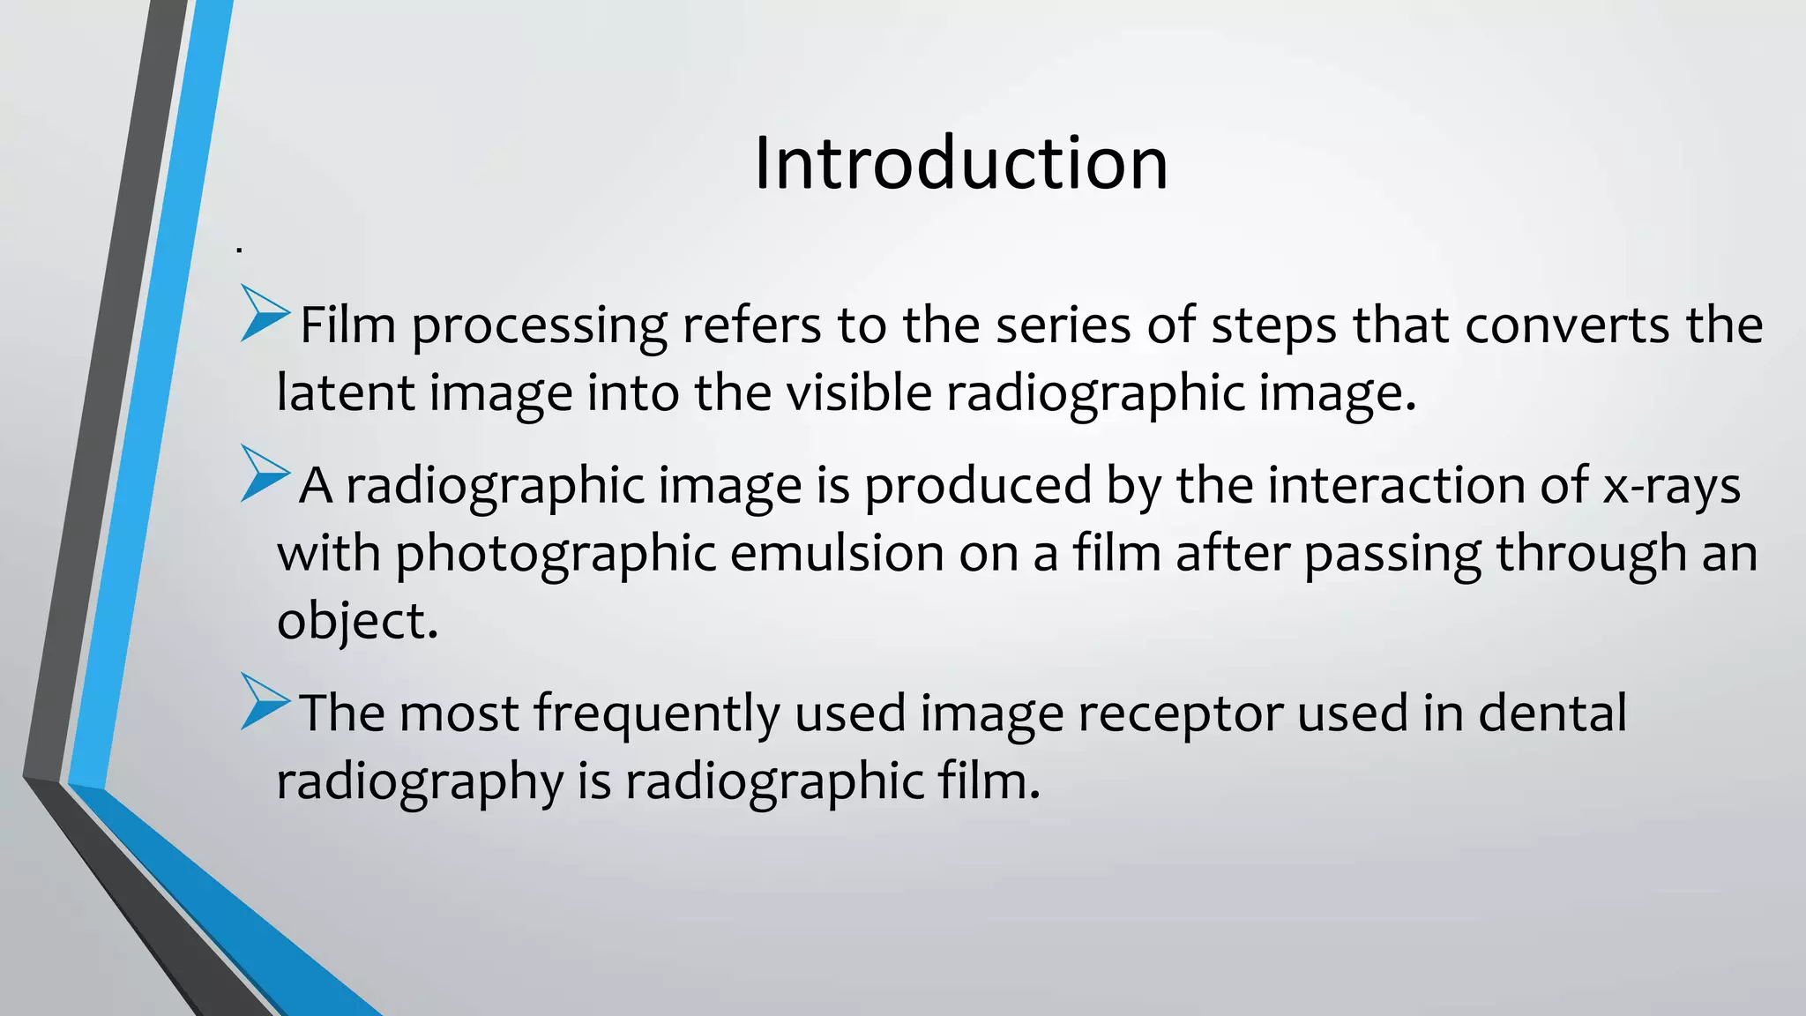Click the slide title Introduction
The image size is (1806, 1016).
pos(961,163)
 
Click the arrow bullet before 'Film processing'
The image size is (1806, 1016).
pos(264,313)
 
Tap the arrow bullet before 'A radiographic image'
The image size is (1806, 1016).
pos(264,474)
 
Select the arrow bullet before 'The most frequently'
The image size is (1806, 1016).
pos(264,701)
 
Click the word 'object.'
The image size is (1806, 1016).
pos(357,621)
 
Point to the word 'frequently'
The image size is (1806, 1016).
pos(656,713)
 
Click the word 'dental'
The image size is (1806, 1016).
pos(1552,713)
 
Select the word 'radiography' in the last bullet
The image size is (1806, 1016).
pos(419,781)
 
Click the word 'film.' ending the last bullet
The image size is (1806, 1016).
pos(989,781)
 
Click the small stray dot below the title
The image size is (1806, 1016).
pos(239,251)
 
